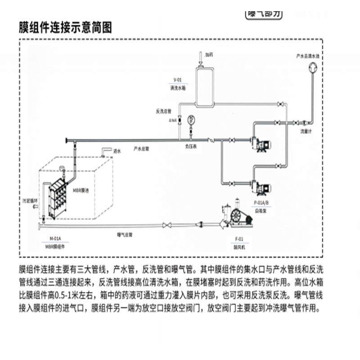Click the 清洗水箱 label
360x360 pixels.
click(x=178, y=88)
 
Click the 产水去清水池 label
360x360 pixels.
click(x=307, y=56)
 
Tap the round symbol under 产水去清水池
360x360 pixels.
click(x=311, y=67)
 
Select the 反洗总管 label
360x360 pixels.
click(x=164, y=111)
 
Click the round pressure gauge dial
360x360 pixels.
click(x=191, y=120)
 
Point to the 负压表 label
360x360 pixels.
click(x=191, y=147)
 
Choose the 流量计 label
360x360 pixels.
click(x=307, y=132)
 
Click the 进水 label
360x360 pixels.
click(x=118, y=151)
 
